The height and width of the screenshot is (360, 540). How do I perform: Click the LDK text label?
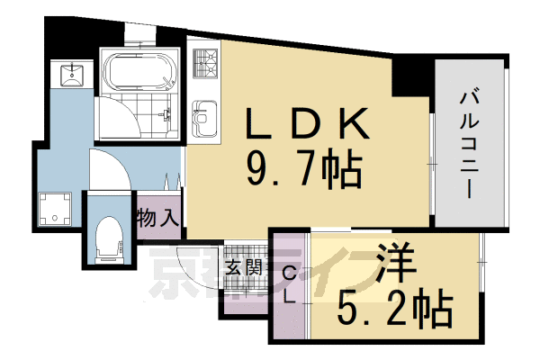click(300, 122)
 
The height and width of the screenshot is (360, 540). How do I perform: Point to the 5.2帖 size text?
click(393, 310)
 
